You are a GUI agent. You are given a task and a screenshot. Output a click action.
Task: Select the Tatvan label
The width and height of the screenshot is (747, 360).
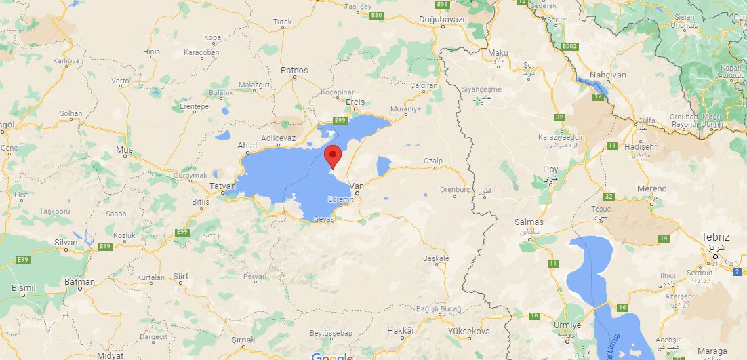(x=222, y=186)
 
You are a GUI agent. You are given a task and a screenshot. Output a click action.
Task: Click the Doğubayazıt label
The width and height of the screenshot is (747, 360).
(x=443, y=20)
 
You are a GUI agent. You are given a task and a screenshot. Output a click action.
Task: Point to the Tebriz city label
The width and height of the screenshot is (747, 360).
(x=716, y=237)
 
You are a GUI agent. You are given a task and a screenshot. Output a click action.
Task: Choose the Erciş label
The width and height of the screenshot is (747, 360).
(x=355, y=102)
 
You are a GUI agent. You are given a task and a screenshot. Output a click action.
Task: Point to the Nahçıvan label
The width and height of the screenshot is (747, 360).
(x=607, y=75)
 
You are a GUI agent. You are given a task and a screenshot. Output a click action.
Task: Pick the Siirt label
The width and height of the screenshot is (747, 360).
(x=180, y=276)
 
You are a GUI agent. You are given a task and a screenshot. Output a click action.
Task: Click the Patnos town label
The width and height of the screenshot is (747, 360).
(x=294, y=70)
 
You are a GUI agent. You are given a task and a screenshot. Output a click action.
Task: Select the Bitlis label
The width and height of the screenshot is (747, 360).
(x=201, y=202)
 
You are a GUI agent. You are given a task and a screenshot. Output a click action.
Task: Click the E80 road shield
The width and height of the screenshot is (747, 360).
(x=377, y=15)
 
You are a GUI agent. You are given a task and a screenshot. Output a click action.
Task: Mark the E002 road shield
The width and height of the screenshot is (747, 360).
(x=569, y=46)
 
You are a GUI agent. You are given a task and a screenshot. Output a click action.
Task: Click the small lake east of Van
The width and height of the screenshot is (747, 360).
(x=384, y=166)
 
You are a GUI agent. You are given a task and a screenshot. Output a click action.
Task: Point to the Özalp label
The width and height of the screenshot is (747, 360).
(x=432, y=160)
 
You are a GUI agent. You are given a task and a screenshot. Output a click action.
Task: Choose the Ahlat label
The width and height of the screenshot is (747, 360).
(x=247, y=145)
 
